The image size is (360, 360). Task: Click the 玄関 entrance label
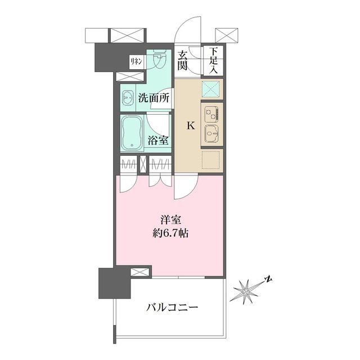coord(184,60)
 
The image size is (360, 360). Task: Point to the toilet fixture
coord(158,61)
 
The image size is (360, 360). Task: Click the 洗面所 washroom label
coord(154,97)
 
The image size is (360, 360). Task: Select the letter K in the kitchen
coord(191,125)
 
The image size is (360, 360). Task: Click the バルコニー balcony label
coord(172,308)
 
